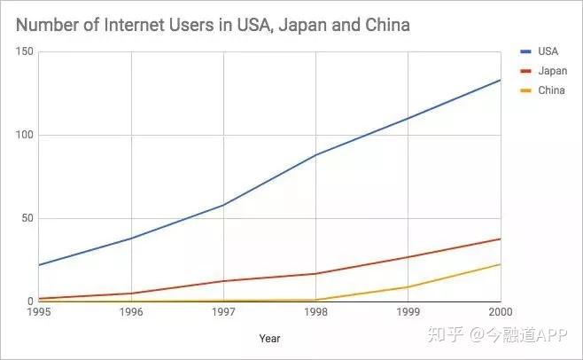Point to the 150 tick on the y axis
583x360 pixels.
click(24, 52)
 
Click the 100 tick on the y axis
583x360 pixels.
click(24, 136)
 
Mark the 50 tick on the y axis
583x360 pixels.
click(27, 219)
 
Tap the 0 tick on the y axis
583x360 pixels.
click(29, 301)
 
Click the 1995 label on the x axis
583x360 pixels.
click(39, 312)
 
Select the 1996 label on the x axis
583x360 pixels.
click(131, 312)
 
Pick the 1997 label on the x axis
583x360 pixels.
click(223, 312)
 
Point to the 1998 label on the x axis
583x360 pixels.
click(316, 312)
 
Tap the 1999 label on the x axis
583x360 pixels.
click(408, 312)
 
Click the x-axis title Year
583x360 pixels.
click(269, 338)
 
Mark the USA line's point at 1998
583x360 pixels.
click(316, 155)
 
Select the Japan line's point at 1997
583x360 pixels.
click(223, 281)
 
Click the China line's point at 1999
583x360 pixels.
click(408, 287)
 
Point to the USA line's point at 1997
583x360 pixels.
click(223, 205)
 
